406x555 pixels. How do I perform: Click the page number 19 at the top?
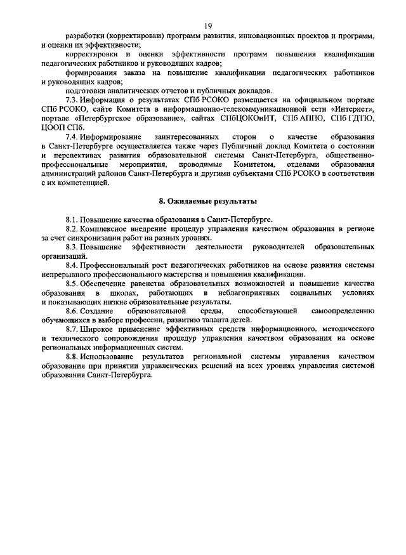207,25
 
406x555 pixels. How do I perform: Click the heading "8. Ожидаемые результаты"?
207,201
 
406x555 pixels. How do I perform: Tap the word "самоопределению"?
343,311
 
